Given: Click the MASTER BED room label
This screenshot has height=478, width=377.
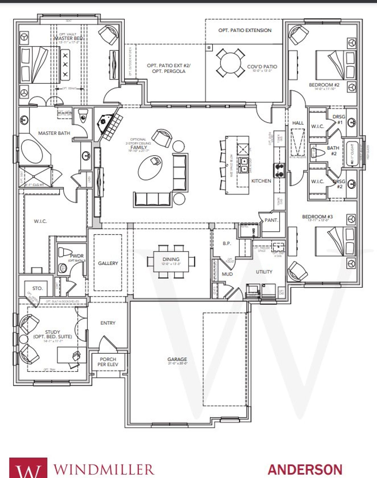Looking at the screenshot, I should pos(68,38).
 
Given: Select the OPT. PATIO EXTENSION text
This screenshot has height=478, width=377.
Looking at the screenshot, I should pos(245,30).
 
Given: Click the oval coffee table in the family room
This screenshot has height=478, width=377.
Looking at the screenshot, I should pos(151,167).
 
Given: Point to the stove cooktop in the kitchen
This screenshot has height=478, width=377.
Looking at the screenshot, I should pos(279,170).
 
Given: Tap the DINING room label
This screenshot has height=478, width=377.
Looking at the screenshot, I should pos(171,259).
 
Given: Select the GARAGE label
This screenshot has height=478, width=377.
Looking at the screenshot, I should pos(177,359).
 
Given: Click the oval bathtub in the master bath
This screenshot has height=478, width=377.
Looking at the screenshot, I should pos(32,151).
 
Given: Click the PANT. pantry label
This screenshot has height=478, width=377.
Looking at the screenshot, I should pos(271,220).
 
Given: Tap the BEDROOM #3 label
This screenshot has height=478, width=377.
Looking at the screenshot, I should pos(317,217).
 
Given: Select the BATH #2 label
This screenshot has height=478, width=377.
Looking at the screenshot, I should pos(333,150).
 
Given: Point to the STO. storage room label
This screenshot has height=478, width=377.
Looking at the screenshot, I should pos(37,288).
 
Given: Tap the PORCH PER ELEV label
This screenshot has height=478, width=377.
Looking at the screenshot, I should pos(108,362).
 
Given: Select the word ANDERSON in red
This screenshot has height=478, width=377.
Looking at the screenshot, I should pos(305,469).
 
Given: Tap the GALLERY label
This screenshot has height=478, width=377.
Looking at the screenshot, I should pos(108,263).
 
